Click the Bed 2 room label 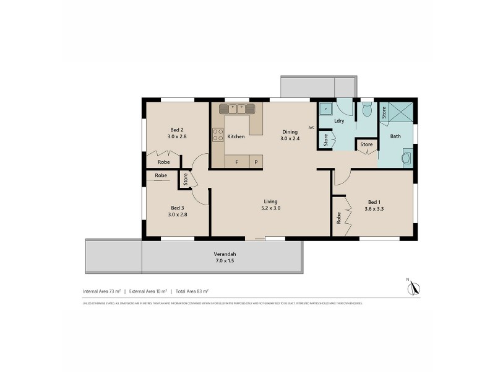coord(176,130)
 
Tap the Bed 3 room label coord(177,208)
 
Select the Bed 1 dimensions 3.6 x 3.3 coord(375,209)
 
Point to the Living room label coord(270,201)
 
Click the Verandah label coord(225,254)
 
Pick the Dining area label coord(290,132)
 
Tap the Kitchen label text coord(236,136)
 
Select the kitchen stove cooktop coord(218,135)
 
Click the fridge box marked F coord(236,162)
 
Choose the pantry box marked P coord(256,162)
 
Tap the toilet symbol coord(367,110)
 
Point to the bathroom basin coord(406,158)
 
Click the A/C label coord(311,128)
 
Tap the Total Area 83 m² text coord(192,291)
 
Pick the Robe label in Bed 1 coord(339,218)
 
